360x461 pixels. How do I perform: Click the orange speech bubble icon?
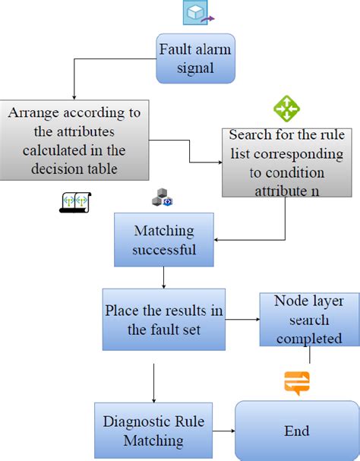click(x=297, y=383)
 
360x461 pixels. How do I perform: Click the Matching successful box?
click(x=164, y=239)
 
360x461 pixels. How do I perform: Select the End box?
click(x=296, y=431)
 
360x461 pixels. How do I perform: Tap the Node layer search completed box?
click(x=309, y=320)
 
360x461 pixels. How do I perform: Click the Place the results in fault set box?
click(x=164, y=319)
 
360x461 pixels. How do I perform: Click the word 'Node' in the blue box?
click(x=289, y=302)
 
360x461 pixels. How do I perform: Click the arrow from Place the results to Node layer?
click(x=243, y=319)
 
